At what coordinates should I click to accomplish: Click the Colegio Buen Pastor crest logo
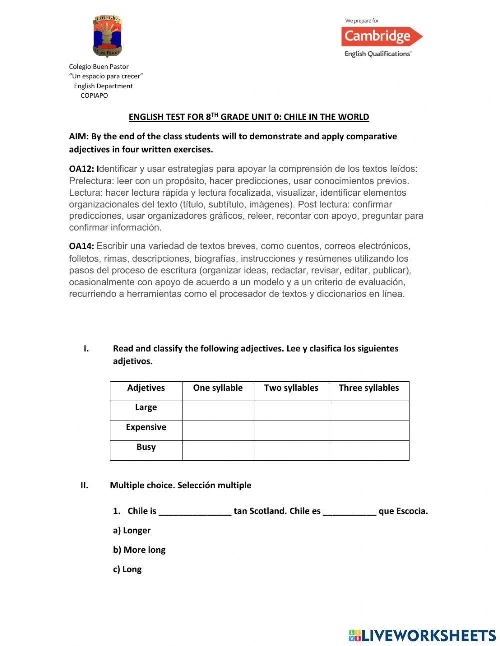(x=107, y=36)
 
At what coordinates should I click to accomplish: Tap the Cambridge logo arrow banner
(x=381, y=36)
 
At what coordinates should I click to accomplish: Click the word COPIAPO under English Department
(x=94, y=95)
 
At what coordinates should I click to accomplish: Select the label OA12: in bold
(x=81, y=169)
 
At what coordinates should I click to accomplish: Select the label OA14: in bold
(x=81, y=246)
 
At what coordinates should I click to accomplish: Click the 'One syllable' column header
(x=218, y=388)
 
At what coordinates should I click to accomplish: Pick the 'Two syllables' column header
(x=291, y=388)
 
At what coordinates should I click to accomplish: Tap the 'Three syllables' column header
(x=369, y=388)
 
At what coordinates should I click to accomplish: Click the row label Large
(x=146, y=407)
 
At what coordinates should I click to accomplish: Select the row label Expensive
(x=146, y=427)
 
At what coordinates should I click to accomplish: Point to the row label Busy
(x=146, y=447)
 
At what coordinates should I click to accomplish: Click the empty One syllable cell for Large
(x=218, y=411)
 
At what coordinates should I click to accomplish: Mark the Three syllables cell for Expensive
(x=369, y=430)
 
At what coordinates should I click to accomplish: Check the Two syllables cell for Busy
(x=291, y=450)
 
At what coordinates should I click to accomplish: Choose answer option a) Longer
(x=132, y=530)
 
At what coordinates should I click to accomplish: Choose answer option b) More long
(x=139, y=550)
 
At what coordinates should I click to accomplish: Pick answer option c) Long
(x=127, y=569)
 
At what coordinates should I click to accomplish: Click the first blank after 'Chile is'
(x=195, y=512)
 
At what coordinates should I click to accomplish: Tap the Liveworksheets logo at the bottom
(x=422, y=635)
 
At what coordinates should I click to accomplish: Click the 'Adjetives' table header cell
(x=146, y=388)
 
